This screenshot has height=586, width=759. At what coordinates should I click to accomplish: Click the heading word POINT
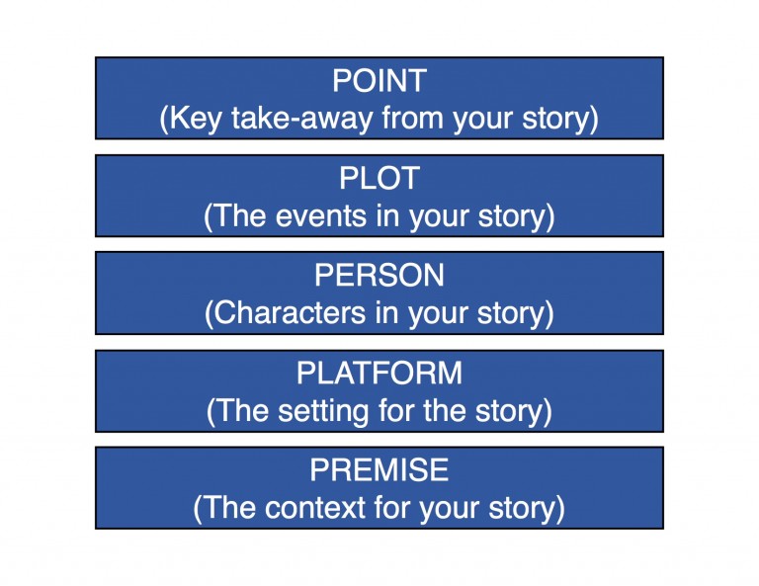pyautogui.click(x=379, y=81)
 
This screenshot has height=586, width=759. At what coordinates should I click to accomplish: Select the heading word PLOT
pyautogui.click(x=379, y=178)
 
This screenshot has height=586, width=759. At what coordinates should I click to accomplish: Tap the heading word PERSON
pyautogui.click(x=379, y=275)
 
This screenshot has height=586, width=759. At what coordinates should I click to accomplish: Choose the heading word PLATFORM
pyautogui.click(x=379, y=373)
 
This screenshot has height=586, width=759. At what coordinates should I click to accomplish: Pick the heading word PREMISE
pyautogui.click(x=379, y=469)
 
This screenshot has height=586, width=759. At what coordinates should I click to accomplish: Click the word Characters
pyautogui.click(x=282, y=313)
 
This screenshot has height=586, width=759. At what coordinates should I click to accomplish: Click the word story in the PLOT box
pyautogui.click(x=516, y=216)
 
